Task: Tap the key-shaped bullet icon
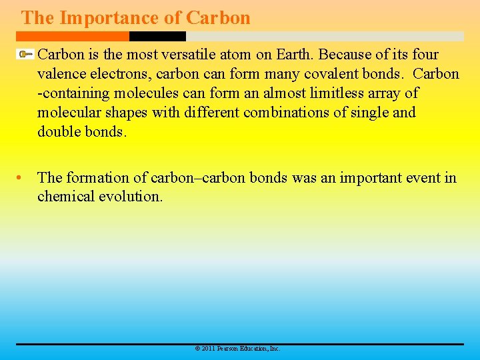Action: pyautogui.click(x=25, y=54)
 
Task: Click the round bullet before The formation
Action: pyautogui.click(x=23, y=178)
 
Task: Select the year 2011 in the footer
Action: pyautogui.click(x=207, y=349)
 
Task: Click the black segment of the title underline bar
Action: pyautogui.click(x=157, y=37)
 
